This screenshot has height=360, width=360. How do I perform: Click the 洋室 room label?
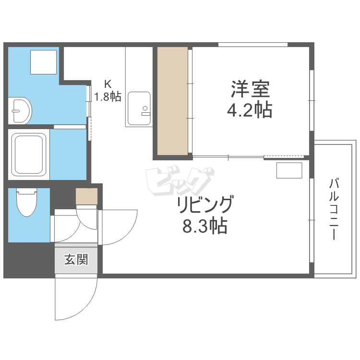click(x=250, y=89)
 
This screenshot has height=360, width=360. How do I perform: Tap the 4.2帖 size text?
click(x=250, y=110)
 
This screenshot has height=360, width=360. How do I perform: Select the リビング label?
click(x=205, y=205)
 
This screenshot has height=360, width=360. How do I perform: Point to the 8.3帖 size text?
click(x=204, y=226)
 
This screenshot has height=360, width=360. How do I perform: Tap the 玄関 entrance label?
click(x=76, y=260)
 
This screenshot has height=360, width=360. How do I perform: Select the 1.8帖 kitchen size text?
click(x=107, y=96)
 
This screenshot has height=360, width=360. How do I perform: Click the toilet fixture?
click(x=26, y=203)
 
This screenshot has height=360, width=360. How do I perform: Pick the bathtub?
click(x=29, y=154)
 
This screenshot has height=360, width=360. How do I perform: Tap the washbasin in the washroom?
click(x=20, y=110)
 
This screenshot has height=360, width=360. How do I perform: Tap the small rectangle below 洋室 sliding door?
click(x=289, y=170)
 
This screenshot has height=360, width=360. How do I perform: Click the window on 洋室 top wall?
click(x=253, y=45)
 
